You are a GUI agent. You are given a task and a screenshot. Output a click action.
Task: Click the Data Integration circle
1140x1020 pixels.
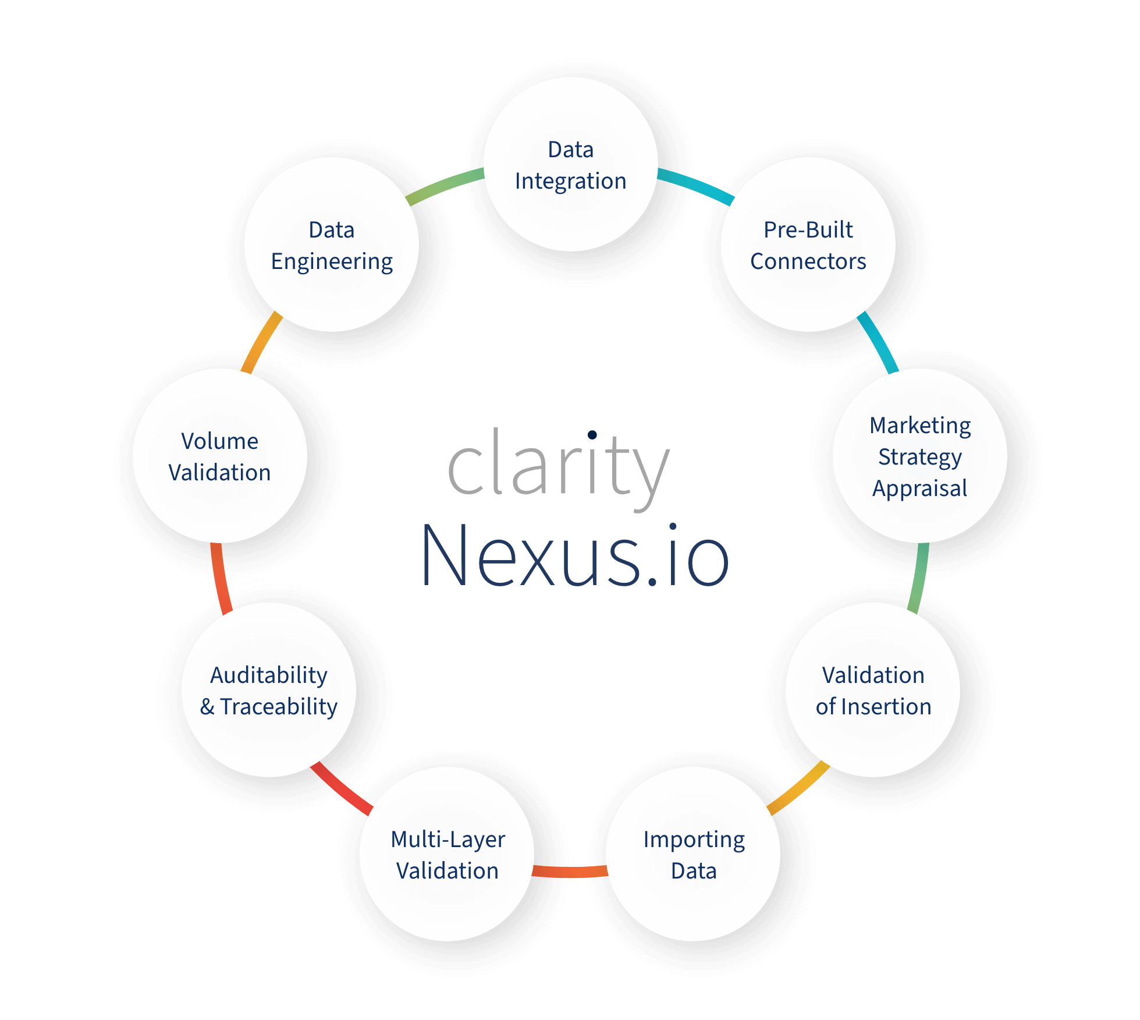click(x=571, y=164)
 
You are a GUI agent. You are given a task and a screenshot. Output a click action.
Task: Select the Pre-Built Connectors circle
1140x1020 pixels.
click(x=808, y=245)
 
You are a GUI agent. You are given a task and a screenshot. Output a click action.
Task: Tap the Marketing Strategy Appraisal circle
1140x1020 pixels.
click(x=920, y=456)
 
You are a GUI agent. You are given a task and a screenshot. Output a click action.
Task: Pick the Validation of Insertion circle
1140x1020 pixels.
click(x=873, y=690)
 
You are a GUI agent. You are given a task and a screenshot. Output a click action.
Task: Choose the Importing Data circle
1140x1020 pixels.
click(x=693, y=854)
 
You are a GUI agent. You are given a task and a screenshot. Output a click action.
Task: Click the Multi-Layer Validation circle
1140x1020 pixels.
click(x=447, y=854)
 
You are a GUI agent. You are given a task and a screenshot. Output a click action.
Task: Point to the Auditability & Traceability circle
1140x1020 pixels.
click(x=269, y=690)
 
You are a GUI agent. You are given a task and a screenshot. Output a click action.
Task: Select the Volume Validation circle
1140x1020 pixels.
click(x=220, y=456)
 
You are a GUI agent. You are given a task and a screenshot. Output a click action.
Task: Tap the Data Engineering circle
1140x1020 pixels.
click(x=332, y=245)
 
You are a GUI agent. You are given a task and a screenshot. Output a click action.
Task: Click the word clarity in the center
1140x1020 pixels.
click(x=559, y=466)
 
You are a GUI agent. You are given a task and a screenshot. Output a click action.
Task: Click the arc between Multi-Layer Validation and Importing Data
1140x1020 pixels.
click(x=570, y=872)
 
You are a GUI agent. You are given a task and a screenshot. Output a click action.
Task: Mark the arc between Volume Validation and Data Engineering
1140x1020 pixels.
click(x=261, y=342)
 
